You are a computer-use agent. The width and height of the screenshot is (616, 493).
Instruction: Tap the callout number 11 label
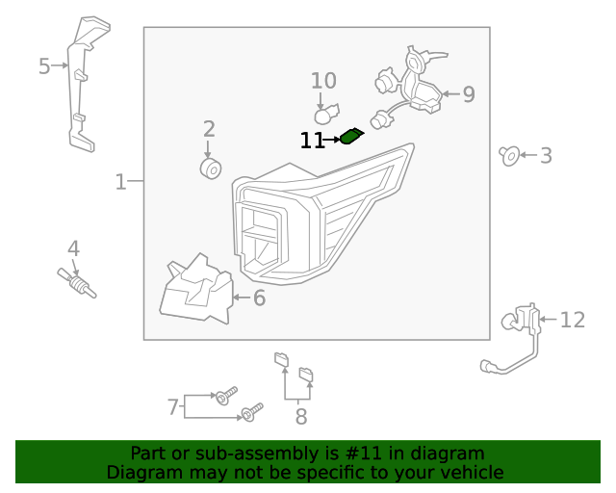click(312, 141)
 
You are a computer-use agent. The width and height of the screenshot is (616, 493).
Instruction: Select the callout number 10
click(323, 81)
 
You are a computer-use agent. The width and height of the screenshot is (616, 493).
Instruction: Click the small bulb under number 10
click(324, 115)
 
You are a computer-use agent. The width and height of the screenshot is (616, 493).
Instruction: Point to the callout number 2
click(208, 129)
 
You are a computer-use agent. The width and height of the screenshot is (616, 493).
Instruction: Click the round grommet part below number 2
click(210, 169)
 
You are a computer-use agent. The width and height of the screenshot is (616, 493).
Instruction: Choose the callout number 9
click(468, 94)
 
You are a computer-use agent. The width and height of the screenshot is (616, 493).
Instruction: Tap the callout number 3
click(546, 155)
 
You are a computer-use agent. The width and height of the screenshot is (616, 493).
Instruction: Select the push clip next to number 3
click(510, 154)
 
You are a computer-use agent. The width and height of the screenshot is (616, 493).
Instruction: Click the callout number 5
click(44, 66)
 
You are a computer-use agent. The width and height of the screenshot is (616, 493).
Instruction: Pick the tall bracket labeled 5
click(82, 87)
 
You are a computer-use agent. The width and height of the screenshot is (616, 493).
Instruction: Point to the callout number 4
click(73, 248)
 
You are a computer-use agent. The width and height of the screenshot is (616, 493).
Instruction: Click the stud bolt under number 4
click(77, 280)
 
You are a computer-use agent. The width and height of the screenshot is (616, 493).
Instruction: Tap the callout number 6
click(258, 298)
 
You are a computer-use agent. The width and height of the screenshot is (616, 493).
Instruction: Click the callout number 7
click(173, 407)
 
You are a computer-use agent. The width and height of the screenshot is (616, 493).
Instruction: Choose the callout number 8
click(300, 417)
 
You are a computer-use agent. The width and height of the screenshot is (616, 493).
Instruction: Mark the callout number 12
click(572, 320)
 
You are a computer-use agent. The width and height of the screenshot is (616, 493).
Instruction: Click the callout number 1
click(120, 182)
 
